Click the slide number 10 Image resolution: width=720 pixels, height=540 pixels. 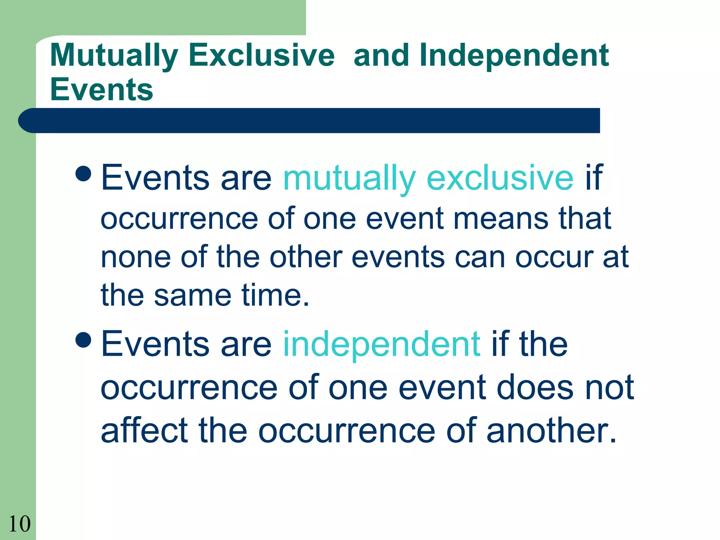[x=20, y=524]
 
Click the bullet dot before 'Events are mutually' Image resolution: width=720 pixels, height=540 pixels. [x=84, y=173]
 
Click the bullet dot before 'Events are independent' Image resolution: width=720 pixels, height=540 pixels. [x=84, y=339]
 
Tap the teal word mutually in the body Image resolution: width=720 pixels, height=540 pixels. [x=349, y=179]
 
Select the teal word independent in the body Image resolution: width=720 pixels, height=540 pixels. [x=381, y=345]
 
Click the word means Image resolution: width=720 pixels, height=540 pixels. [x=501, y=219]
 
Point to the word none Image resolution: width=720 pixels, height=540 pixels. [x=136, y=257]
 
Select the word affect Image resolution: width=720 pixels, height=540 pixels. [x=144, y=430]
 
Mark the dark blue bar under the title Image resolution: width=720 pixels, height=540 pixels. [x=309, y=121]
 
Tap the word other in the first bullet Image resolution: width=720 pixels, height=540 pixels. [x=306, y=257]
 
